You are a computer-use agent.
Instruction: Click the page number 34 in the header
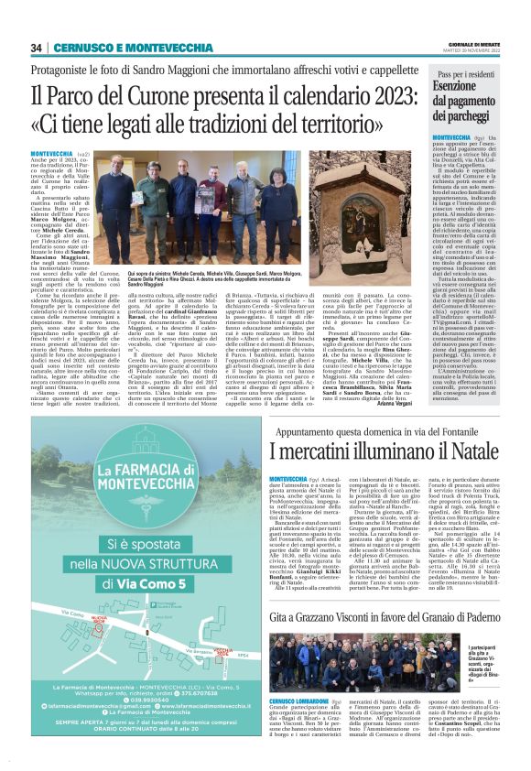point(37,48)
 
